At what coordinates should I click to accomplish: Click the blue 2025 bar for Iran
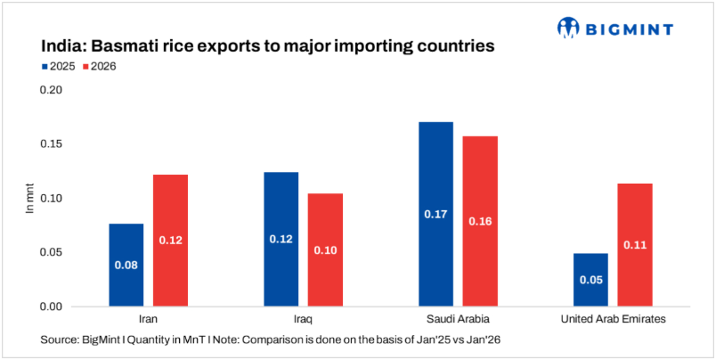(126, 265)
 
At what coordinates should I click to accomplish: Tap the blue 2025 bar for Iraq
(281, 239)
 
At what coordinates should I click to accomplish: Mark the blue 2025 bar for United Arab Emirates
(590, 280)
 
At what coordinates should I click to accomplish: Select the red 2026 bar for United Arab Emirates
(635, 245)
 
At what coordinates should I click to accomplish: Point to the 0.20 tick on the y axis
(51, 90)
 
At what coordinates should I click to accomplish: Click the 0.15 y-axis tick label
(51, 144)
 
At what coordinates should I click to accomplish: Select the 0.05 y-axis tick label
(51, 252)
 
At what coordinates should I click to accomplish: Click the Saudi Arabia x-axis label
(458, 318)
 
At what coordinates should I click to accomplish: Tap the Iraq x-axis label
(303, 318)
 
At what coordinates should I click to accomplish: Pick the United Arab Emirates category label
(613, 318)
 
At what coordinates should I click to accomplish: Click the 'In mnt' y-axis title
(28, 198)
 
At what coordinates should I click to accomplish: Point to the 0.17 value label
(435, 214)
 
